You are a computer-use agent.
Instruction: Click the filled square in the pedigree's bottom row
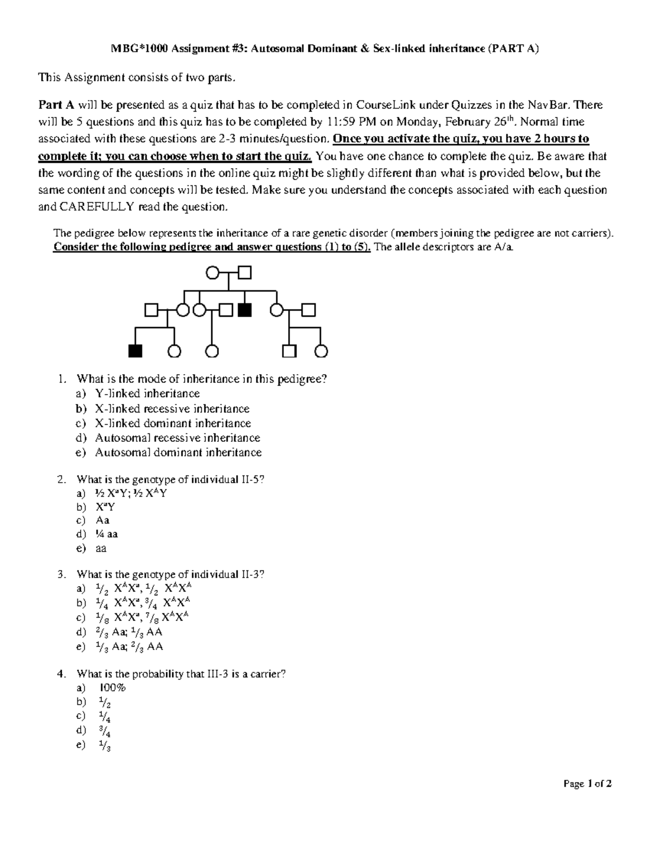click(135, 351)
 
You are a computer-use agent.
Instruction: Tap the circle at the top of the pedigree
click(213, 272)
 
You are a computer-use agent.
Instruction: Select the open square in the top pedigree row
click(245, 272)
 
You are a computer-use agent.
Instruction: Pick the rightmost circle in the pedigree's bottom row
click(322, 351)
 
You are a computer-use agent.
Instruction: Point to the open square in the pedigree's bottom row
click(289, 351)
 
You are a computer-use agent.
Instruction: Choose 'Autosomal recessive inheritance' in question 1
click(178, 438)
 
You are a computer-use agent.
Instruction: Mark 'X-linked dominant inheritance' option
click(173, 423)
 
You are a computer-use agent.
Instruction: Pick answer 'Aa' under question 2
click(102, 520)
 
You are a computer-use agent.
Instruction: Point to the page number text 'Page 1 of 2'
click(587, 783)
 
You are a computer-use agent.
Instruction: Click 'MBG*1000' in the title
click(138, 49)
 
